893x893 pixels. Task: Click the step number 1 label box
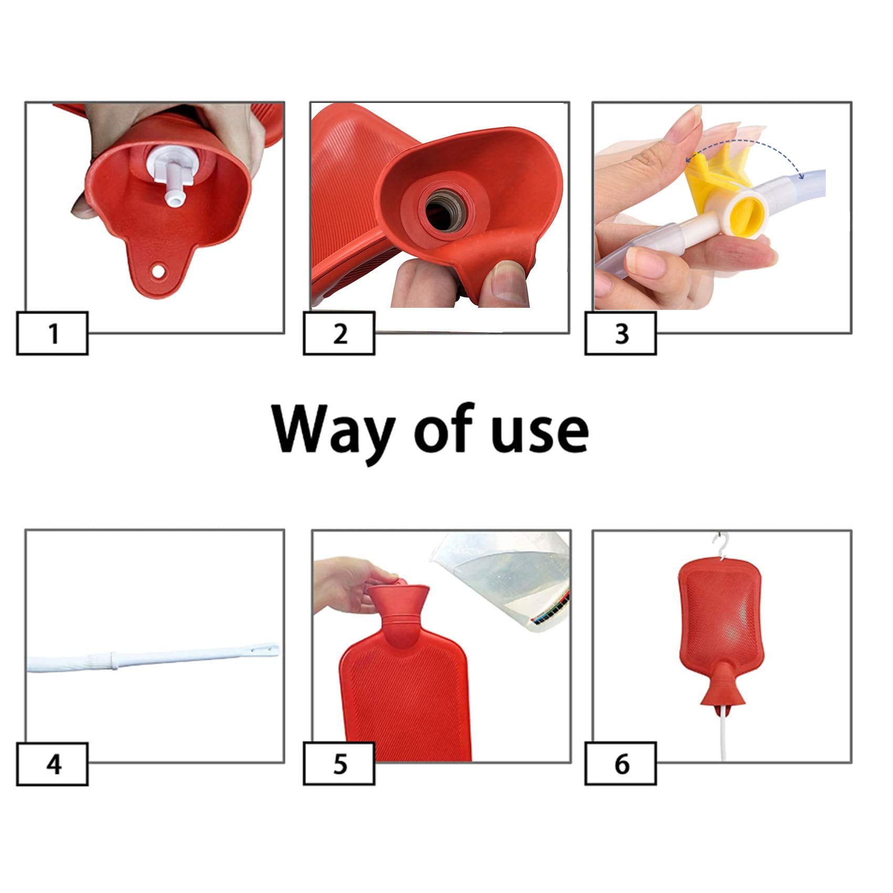click(53, 333)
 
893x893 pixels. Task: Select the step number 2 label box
click(339, 333)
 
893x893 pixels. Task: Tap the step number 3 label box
click(621, 333)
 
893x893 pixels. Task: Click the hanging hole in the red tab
click(158, 271)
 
